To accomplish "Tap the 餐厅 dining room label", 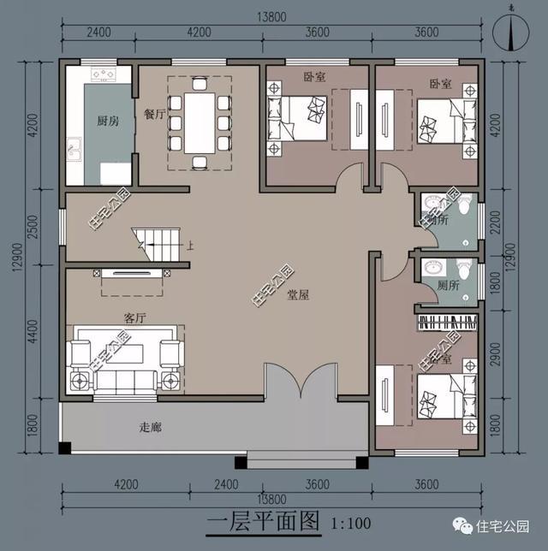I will tap(154, 114).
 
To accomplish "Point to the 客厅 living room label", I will tap(134, 317).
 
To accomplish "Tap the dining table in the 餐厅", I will tap(200, 121).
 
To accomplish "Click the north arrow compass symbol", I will tap(511, 32).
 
